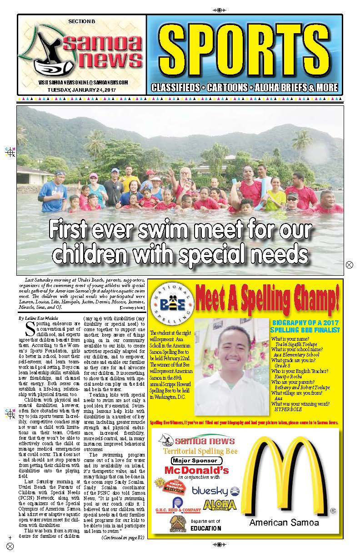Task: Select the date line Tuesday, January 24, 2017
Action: click(x=81, y=89)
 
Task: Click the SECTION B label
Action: click(x=82, y=21)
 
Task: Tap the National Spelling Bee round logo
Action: click(x=171, y=302)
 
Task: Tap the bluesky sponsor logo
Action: click(x=215, y=491)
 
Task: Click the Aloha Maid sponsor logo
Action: click(x=220, y=505)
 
